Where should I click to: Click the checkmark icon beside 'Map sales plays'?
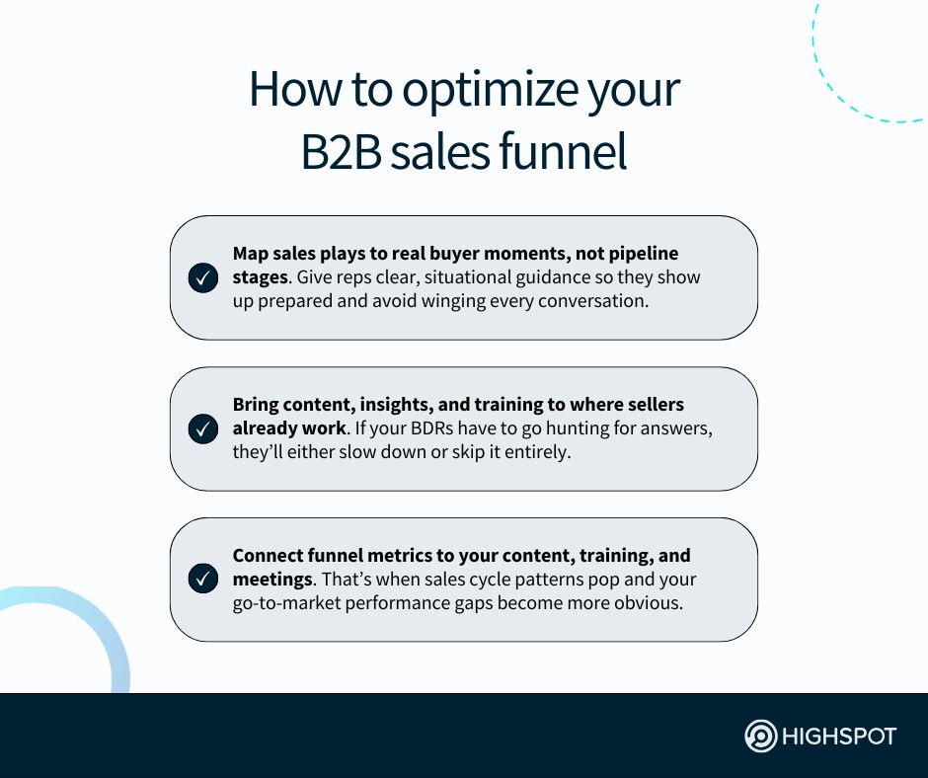click(202, 278)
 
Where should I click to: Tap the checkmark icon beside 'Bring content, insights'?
click(202, 429)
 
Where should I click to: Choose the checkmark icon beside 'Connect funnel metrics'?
click(202, 580)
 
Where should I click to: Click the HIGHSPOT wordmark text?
click(839, 737)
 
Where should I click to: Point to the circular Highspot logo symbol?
click(760, 737)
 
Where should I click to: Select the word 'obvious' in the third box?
click(648, 602)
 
